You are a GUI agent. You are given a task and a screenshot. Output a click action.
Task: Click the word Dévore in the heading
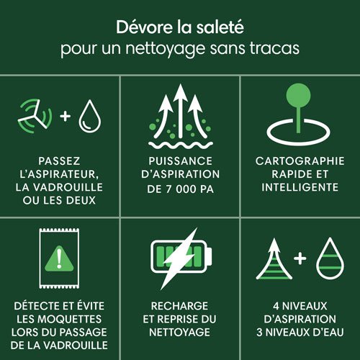(145, 27)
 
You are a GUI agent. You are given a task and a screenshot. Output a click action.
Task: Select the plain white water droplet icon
(90, 116)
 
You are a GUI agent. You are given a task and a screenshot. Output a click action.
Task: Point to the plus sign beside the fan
(66, 116)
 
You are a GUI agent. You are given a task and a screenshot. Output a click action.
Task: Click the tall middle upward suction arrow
(181, 111)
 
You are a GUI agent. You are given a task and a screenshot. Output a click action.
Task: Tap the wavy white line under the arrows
(181, 145)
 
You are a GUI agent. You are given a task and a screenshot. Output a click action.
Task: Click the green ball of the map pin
(298, 95)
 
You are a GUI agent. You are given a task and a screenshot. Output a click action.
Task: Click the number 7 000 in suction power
(181, 189)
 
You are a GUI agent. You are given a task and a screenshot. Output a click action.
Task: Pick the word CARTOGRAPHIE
(300, 161)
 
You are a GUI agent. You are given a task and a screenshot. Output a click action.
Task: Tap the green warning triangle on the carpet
(59, 258)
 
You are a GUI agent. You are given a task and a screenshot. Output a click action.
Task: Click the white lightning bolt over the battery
(181, 258)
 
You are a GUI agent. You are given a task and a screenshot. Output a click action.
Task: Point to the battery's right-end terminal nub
(210, 256)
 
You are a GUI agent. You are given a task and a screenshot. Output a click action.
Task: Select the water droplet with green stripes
(330, 258)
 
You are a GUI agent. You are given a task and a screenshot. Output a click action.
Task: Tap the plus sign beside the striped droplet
(300, 258)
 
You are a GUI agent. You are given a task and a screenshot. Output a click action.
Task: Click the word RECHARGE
(179, 306)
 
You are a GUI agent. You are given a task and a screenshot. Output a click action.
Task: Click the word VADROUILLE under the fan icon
(68, 187)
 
